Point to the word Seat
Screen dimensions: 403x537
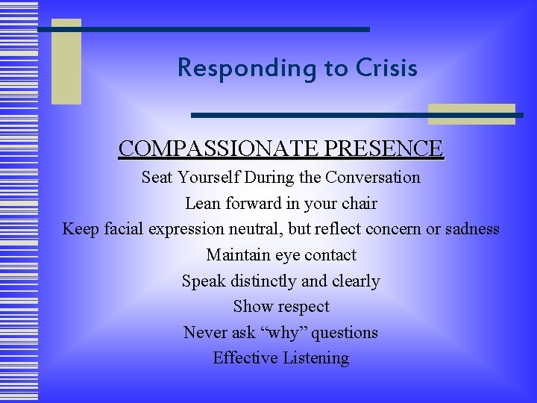(156, 178)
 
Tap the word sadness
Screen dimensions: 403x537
(472, 228)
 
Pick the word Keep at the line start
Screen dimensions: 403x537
(78, 228)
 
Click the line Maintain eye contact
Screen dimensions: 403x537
(281, 254)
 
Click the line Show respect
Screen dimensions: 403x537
(281, 306)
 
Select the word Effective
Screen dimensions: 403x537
(245, 357)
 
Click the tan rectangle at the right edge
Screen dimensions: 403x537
(471, 113)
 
